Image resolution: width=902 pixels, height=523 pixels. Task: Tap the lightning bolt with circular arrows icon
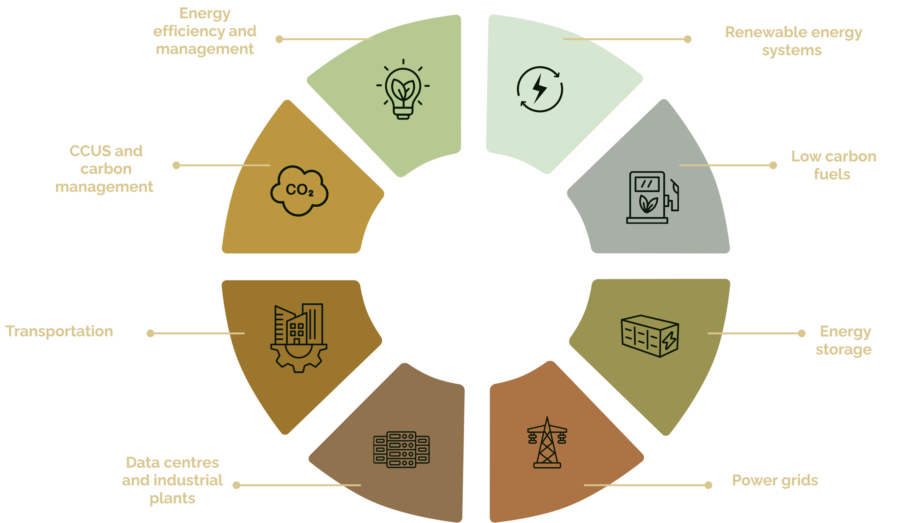[539, 89]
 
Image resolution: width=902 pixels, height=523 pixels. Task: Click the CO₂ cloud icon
[299, 191]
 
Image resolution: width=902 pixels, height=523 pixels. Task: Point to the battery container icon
[649, 336]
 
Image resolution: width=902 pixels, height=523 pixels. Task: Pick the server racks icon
[401, 449]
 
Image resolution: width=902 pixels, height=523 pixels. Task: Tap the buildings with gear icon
[299, 338]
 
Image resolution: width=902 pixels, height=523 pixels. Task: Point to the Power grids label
[775, 480]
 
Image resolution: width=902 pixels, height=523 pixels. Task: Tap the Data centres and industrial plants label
[172, 480]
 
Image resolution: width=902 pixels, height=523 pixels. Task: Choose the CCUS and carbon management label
[105, 169]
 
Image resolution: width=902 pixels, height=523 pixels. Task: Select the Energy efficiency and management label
[205, 32]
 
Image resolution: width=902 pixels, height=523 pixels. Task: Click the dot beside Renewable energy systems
[688, 39]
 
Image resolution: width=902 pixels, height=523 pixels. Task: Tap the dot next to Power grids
[709, 485]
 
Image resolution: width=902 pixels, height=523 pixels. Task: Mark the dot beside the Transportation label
[151, 334]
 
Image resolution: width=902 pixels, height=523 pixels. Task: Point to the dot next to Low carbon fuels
[773, 165]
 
